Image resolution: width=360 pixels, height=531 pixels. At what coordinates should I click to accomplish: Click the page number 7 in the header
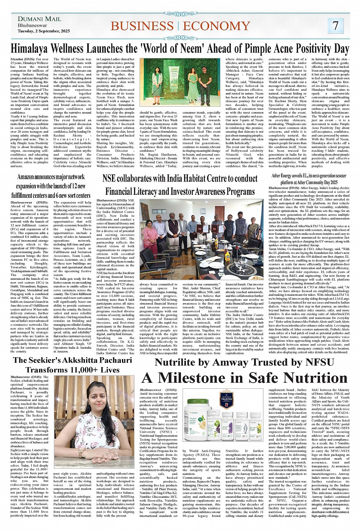click(335, 26)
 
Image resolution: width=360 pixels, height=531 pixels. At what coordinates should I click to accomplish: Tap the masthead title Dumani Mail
click(39, 19)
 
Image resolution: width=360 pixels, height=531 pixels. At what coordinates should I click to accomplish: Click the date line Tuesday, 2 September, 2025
click(43, 31)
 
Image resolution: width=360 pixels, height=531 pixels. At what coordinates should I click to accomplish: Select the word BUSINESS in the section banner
click(142, 26)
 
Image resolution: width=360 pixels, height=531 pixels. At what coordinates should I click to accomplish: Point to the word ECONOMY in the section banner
click(216, 26)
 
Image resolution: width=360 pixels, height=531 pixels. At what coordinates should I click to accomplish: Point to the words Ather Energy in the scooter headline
click(282, 176)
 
